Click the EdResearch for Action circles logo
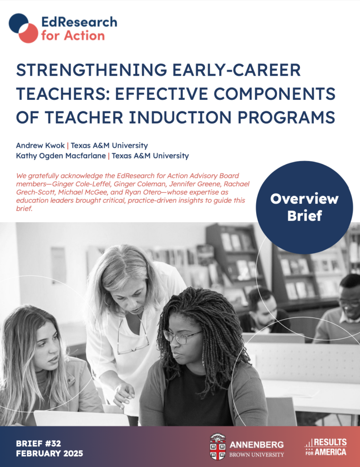pos(23,28)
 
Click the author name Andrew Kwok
pos(41,145)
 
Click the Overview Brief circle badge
pos(304,207)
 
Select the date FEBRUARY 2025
pos(49,454)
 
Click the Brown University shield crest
pos(217,447)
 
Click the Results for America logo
pos(325,447)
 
